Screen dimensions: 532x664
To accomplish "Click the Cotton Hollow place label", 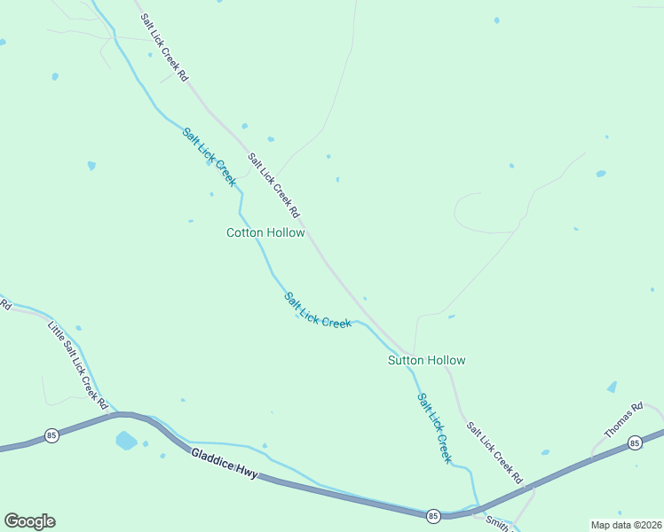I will click(265, 233).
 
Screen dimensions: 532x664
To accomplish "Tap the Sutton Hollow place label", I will click(426, 360).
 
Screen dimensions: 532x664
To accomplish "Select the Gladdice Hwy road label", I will click(225, 464).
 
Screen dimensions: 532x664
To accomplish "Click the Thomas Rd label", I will click(622, 421).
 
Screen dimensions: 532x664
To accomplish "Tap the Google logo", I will click(29, 521).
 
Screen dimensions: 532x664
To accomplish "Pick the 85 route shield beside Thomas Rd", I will click(634, 442).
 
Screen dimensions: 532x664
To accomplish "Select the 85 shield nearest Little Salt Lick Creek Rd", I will click(52, 435).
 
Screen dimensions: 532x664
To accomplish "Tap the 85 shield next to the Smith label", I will click(433, 515).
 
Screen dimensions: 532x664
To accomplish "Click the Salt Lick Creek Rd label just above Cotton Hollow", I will click(274, 186).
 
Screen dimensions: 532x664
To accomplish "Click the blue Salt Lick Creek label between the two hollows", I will click(318, 310).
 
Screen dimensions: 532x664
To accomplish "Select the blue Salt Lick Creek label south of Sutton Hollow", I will click(435, 428).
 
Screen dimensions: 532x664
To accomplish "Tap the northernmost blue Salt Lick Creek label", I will click(209, 157).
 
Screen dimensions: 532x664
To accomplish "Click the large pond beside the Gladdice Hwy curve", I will click(126, 441).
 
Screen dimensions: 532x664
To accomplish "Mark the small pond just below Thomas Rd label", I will click(612, 387).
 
